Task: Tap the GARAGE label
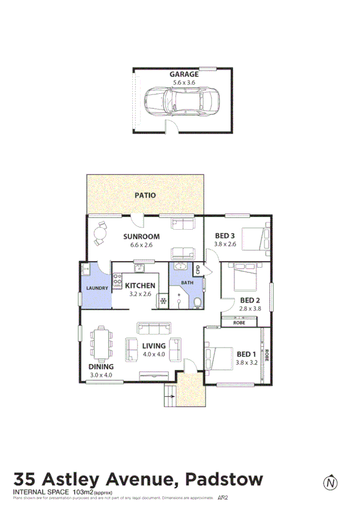184,75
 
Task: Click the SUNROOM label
141,236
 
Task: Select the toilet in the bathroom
197,301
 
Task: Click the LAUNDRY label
97,288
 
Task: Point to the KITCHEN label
140,286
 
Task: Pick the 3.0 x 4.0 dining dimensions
101,375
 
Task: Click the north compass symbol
329,482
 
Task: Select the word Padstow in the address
224,479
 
